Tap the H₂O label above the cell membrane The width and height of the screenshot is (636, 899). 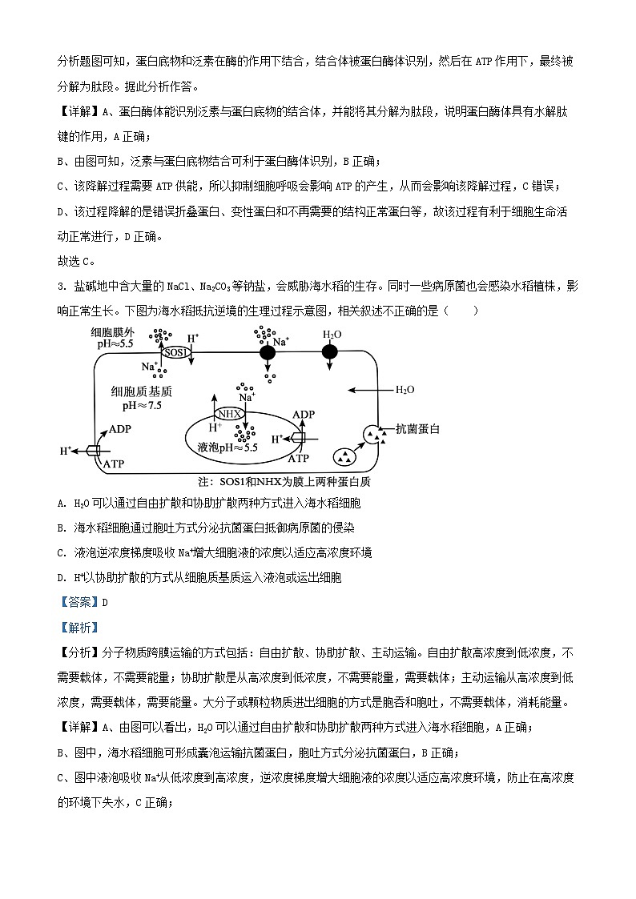332,334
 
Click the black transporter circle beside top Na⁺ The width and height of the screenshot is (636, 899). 267,351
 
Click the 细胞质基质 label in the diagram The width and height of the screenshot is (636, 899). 142,392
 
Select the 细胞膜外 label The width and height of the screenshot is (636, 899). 112,332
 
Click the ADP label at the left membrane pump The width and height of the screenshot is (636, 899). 120,428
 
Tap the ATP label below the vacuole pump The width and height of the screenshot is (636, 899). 298,459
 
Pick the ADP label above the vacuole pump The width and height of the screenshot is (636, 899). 304,415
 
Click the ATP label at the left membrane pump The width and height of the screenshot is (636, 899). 114,464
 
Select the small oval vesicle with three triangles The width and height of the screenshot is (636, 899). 344,458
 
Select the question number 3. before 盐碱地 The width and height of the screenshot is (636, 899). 62,286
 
